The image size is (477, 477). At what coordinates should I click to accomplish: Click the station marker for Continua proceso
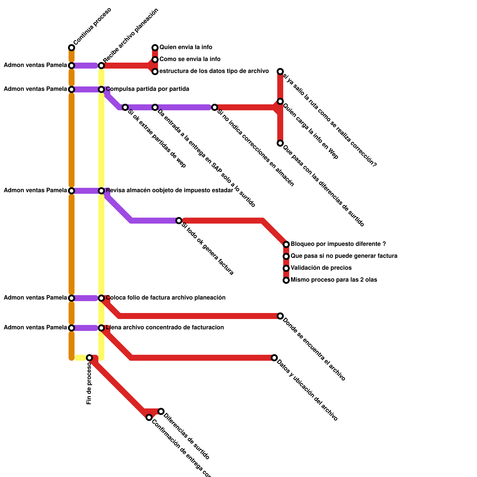pos(72,48)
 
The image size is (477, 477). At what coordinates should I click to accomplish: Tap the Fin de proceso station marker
pos(89,357)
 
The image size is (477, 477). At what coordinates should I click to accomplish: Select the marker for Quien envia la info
pos(155,48)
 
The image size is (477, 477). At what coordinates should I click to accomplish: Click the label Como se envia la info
pos(190,59)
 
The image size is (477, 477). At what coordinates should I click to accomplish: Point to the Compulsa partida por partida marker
pos(101,89)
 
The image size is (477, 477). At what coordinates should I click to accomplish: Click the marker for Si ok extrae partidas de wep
pos(125,107)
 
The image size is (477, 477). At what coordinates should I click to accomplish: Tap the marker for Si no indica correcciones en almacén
pos(215,107)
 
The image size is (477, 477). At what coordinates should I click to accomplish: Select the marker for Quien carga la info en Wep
pos(280,102)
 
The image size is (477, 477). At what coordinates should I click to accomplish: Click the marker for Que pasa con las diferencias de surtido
pos(280,143)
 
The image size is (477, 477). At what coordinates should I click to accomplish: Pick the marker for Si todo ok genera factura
pos(179,221)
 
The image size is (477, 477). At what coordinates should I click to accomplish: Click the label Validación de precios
pos(321,268)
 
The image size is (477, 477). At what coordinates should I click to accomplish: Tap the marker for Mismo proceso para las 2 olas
pos(286,280)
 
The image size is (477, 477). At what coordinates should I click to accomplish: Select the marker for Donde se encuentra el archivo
pos(280,316)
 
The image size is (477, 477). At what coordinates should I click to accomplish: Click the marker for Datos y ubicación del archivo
pos(274,357)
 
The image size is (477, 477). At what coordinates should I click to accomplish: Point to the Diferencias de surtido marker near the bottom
pos(161,411)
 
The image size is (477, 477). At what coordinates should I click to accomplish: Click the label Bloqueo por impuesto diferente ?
pos(338,244)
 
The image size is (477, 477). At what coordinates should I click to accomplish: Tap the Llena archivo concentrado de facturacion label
pos(165,328)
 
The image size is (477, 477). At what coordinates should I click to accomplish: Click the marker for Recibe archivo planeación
pos(101,66)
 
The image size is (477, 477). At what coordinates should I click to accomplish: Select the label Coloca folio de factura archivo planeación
pos(165,298)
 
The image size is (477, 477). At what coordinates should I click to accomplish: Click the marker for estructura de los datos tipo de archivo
pos(155,72)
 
